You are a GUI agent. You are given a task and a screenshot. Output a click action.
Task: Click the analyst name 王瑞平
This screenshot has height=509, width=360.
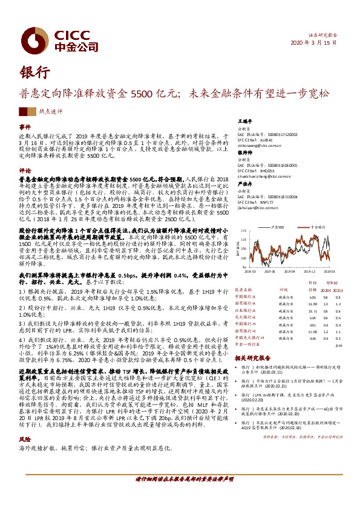(244, 121)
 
